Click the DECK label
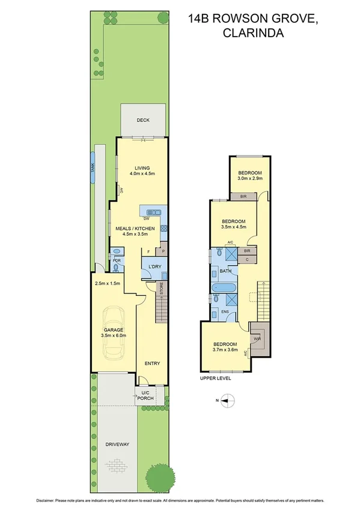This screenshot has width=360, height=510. [142, 120]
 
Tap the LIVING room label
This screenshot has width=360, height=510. [142, 168]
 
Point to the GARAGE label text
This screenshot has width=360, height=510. [113, 330]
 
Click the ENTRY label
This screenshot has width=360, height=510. [152, 363]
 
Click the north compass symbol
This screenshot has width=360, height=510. [226, 400]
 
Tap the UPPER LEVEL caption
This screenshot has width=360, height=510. [216, 378]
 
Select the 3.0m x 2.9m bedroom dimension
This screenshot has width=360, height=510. [249, 179]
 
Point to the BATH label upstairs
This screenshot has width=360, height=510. [225, 271]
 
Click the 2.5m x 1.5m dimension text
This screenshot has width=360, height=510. [108, 283]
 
